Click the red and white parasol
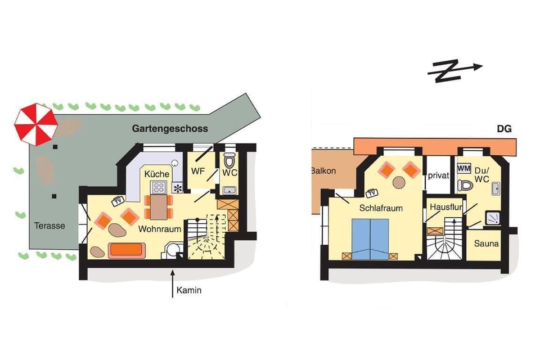tap(35, 124)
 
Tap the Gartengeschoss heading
tap(170, 128)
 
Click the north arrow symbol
tap(454, 71)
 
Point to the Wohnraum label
tap(160, 229)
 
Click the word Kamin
tap(188, 291)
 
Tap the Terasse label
tap(49, 226)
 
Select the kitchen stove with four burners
tap(159, 188)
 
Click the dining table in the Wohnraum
tap(160, 207)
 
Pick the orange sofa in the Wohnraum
tap(127, 249)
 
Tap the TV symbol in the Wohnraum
tap(118, 201)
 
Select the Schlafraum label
tap(382, 208)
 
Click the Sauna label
tap(485, 244)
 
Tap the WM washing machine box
tap(463, 168)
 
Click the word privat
tap(438, 175)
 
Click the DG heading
tap(504, 129)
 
